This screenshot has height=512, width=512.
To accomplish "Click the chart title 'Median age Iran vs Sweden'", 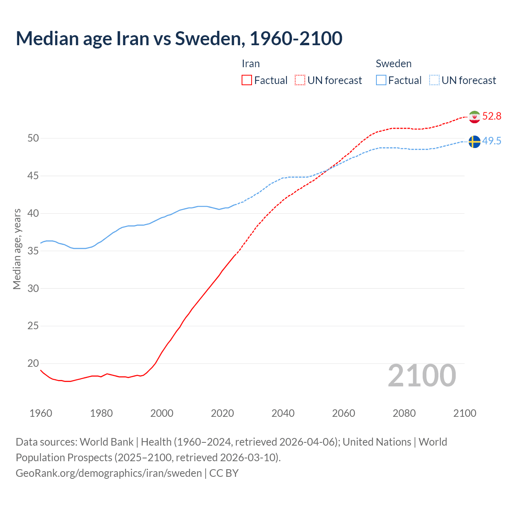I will click(179, 38).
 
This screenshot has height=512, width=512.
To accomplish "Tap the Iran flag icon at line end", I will click(474, 116).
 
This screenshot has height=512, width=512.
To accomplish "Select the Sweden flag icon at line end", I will click(474, 142).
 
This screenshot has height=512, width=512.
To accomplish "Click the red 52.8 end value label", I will click(492, 116).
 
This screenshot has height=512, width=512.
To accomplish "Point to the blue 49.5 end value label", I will click(492, 141).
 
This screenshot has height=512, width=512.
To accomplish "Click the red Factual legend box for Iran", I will click(247, 80).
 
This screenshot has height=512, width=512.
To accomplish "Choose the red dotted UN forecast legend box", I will click(300, 80).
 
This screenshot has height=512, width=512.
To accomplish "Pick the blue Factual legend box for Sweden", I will click(381, 80).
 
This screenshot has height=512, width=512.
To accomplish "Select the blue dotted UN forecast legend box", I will click(434, 80).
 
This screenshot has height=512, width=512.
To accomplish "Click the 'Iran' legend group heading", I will click(251, 64).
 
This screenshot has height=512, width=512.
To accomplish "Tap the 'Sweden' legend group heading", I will click(394, 64).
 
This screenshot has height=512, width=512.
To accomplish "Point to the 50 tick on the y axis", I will click(33, 138).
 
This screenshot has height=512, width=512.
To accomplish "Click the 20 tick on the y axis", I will click(33, 363).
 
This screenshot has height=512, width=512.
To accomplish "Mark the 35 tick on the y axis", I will click(33, 251).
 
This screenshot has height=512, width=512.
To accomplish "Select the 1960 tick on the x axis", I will click(41, 413).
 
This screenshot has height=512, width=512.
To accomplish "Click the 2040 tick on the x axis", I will click(283, 413).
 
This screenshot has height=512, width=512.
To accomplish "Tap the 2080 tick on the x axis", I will click(404, 413).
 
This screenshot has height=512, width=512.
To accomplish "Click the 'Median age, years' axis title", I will click(17, 249).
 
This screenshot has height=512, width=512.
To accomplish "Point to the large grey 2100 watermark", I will click(422, 375).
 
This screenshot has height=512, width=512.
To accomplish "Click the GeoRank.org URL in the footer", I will click(109, 473).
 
